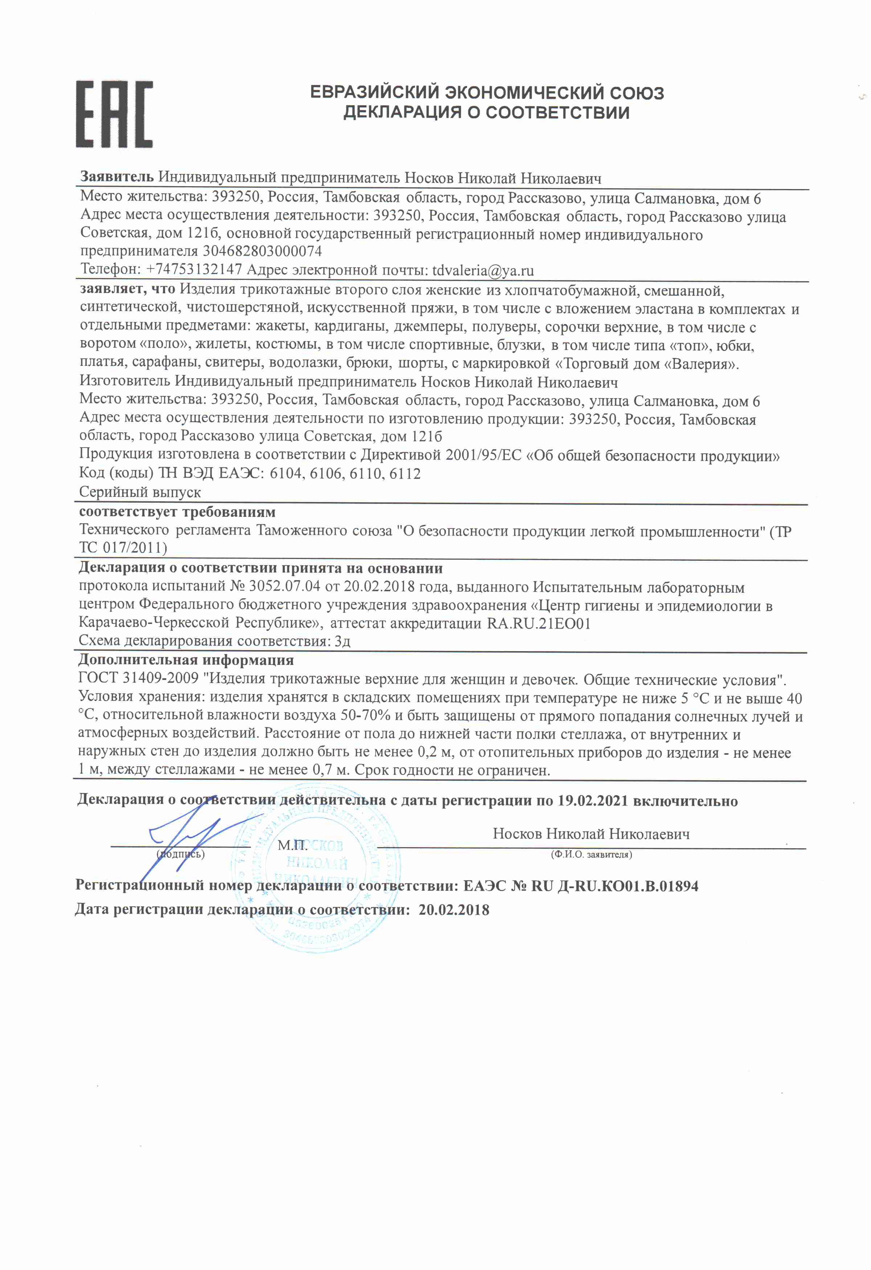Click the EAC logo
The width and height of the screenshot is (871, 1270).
pos(114,114)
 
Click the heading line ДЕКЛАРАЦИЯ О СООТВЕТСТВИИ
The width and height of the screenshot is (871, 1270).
pos(486,113)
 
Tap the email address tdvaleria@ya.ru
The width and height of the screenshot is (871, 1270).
pos(482,270)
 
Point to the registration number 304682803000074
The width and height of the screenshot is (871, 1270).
pos(262,252)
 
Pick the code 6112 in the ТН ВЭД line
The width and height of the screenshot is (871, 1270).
pos(405,474)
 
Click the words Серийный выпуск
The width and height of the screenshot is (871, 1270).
pos(140,493)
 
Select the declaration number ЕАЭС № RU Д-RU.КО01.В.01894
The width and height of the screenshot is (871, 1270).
pos(580,886)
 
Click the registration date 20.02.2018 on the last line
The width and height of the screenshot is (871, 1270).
pos(454,910)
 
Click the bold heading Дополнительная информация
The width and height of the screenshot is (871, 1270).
pos(186,660)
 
